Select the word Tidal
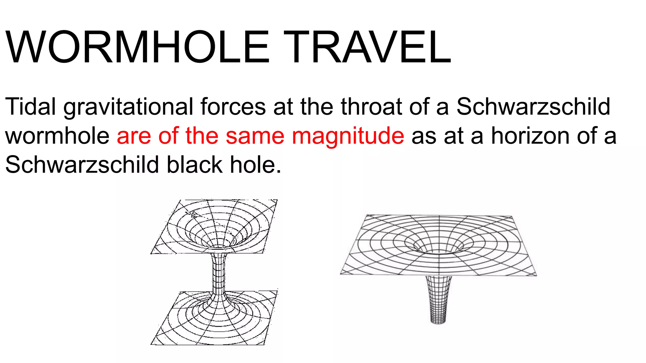click(x=31, y=107)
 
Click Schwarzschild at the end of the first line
click(x=533, y=107)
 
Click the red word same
click(x=255, y=136)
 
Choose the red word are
click(x=134, y=136)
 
